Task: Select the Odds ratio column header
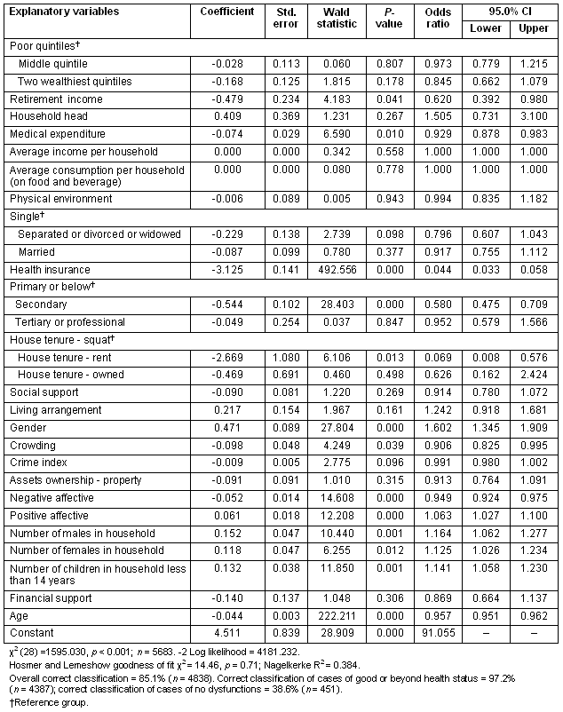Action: (433, 18)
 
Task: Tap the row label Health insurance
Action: (50, 270)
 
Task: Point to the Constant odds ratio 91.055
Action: (433, 632)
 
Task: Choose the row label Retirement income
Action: (56, 99)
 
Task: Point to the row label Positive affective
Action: (50, 515)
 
